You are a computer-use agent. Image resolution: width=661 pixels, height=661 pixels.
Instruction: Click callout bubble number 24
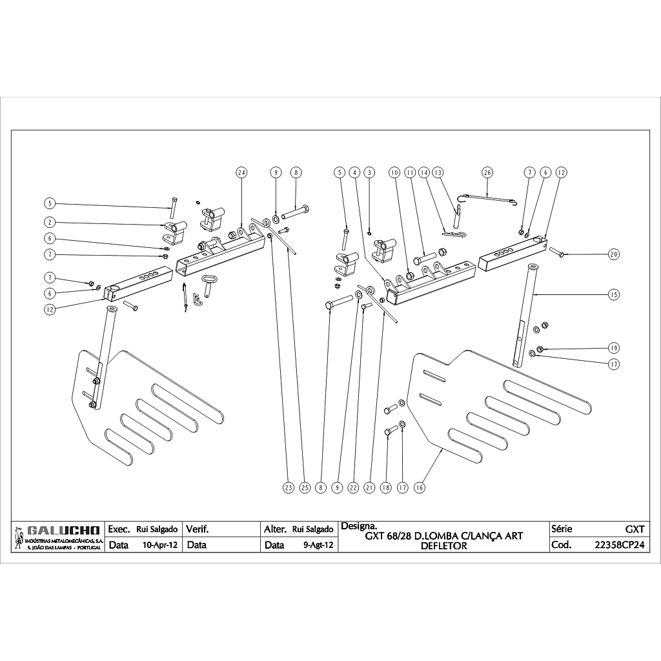coord(241,172)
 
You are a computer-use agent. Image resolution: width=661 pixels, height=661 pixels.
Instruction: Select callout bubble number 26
coord(487,172)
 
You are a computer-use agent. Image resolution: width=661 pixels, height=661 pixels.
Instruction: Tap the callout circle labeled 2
coord(50,222)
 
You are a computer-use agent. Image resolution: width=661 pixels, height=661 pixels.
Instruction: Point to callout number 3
coord(369,172)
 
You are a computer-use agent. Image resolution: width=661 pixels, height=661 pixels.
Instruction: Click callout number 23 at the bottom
coord(288,488)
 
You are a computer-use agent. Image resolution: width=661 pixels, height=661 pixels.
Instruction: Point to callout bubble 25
coord(305,488)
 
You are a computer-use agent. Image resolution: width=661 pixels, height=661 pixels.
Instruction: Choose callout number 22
coord(353,488)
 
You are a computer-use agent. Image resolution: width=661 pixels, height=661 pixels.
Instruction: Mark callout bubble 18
coord(386,488)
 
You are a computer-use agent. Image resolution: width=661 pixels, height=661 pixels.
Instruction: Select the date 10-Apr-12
coord(159,545)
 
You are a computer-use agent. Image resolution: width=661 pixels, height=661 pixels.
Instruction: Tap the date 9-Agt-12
coord(318,545)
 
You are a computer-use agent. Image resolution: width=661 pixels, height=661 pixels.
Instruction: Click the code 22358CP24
coord(620,545)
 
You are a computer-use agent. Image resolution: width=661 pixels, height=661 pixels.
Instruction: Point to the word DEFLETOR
coord(443,545)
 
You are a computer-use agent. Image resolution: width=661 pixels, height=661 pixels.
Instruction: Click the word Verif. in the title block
coord(197,529)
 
